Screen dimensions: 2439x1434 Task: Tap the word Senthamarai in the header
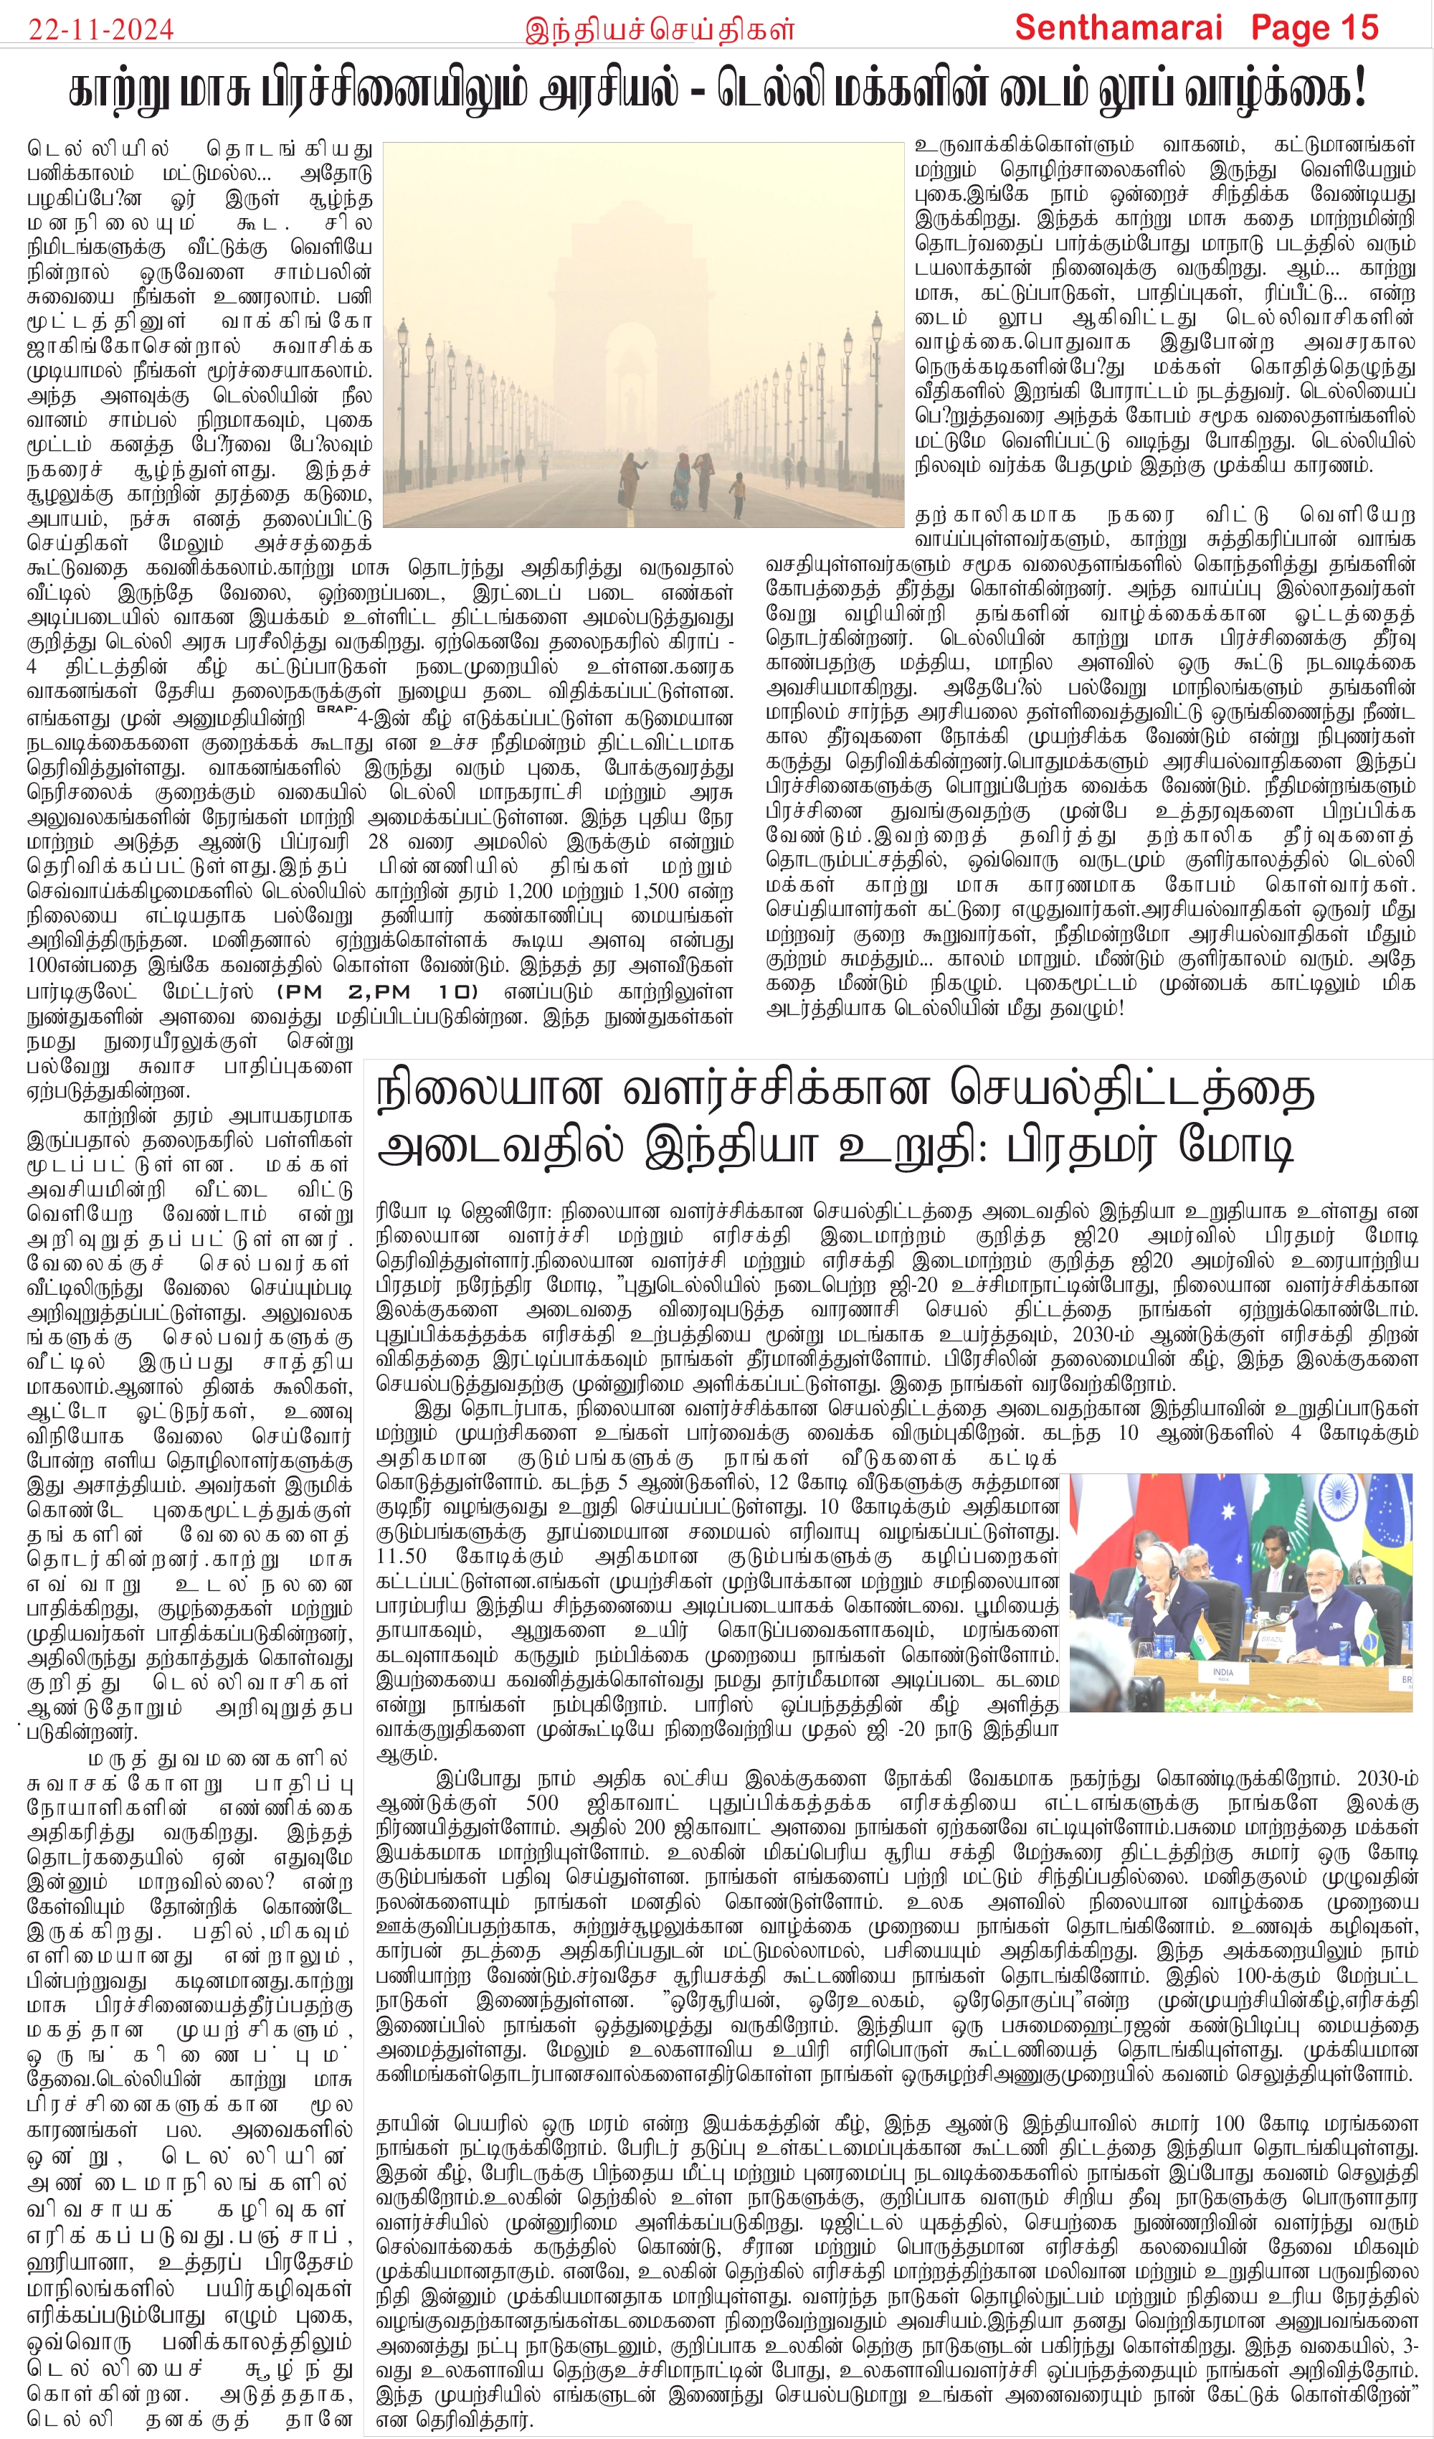pyautogui.click(x=1119, y=27)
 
